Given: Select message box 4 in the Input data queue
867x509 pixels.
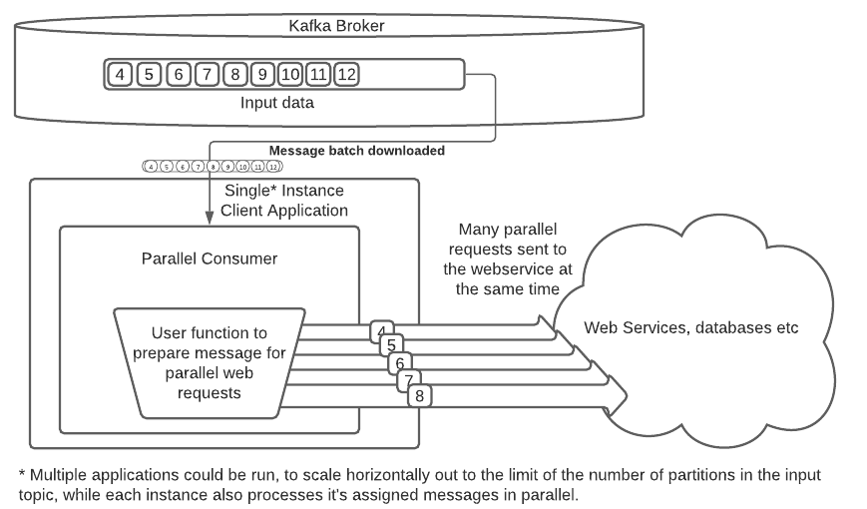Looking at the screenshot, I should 121,74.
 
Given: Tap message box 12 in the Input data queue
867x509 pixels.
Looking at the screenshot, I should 346,74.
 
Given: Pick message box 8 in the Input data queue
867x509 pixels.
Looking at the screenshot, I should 234,74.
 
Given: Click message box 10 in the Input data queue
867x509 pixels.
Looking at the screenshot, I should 290,74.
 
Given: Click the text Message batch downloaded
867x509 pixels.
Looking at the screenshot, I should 356,151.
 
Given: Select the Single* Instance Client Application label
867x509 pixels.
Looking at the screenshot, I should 284,201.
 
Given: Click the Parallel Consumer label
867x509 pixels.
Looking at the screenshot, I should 210,258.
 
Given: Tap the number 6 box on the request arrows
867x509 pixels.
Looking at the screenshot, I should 399,363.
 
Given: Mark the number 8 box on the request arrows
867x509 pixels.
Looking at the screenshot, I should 419,395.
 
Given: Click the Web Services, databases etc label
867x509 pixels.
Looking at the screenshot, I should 690,327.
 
